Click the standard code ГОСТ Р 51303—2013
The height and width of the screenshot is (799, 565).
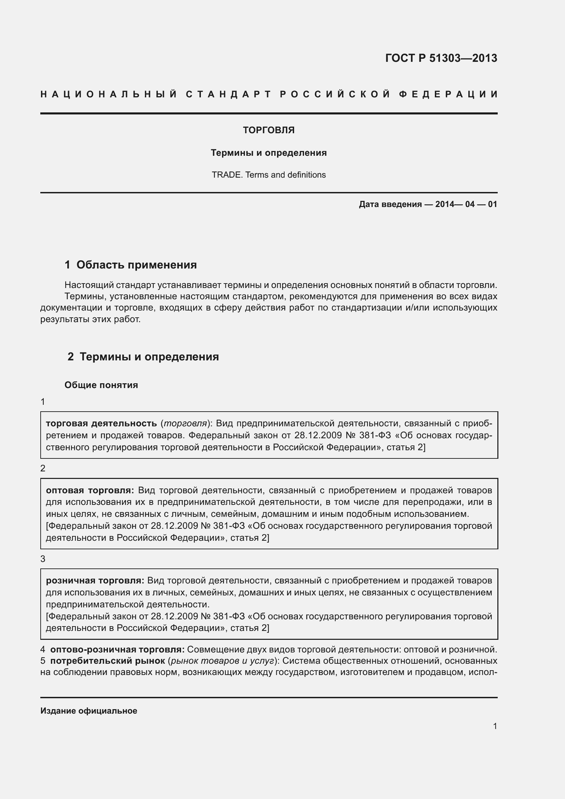point(441,58)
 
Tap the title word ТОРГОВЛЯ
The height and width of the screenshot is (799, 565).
point(268,130)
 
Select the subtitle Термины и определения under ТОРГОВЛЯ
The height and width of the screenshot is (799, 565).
point(268,153)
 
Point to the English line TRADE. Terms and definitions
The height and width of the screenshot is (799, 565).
point(268,175)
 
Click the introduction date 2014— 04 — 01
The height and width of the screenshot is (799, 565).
point(466,204)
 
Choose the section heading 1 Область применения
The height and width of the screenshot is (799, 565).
point(130,265)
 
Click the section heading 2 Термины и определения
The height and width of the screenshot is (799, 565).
point(143,357)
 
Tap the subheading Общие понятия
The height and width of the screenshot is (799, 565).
point(101,385)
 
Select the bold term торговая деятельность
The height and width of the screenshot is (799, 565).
point(101,424)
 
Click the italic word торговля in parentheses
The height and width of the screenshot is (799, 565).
point(185,424)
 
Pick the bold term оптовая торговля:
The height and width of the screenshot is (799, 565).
point(90,490)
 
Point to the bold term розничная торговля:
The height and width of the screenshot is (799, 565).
point(95,580)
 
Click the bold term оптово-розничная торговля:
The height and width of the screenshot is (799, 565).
point(117,649)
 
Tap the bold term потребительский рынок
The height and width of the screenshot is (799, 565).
point(108,661)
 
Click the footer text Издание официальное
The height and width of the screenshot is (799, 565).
point(89,711)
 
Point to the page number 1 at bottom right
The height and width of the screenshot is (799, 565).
point(495,726)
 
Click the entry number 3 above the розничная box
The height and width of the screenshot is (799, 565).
point(43,559)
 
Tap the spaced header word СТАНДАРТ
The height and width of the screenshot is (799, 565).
point(228,94)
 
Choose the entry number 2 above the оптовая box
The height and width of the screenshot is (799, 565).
point(43,468)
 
